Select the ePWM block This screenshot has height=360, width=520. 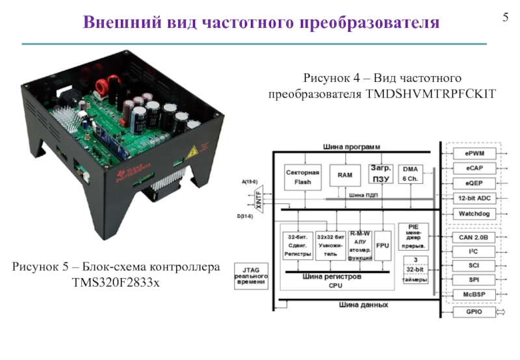point(473,153)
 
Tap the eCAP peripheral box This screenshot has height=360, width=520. point(473,168)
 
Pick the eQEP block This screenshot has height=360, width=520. point(473,183)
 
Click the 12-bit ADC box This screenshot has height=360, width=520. point(473,198)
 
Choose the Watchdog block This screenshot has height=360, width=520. point(473,213)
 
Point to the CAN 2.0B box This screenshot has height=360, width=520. point(473,237)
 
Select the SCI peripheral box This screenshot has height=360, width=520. point(473,266)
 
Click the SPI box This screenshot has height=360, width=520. point(473,280)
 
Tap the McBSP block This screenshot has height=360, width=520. point(473,294)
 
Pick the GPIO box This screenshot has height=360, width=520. point(473,312)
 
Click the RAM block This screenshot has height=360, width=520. point(344,175)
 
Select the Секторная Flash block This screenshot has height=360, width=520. point(303,177)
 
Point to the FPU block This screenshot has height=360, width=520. point(382,245)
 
